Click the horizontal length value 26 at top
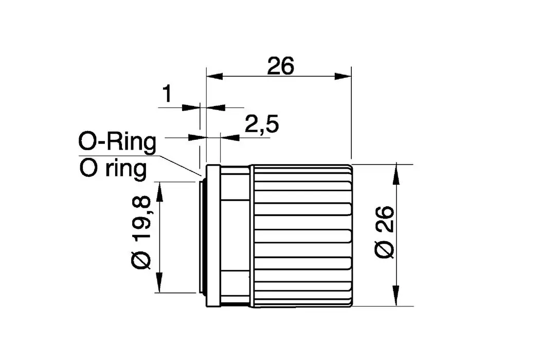pyautogui.click(x=280, y=66)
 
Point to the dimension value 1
pyautogui.click(x=167, y=95)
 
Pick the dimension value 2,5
pyautogui.click(x=261, y=124)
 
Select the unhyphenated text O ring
pyautogui.click(x=113, y=168)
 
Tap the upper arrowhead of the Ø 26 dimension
pyautogui.click(x=397, y=174)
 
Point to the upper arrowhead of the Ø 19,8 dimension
pyautogui.click(x=159, y=190)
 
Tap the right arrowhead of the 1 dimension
pyautogui.click(x=212, y=107)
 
